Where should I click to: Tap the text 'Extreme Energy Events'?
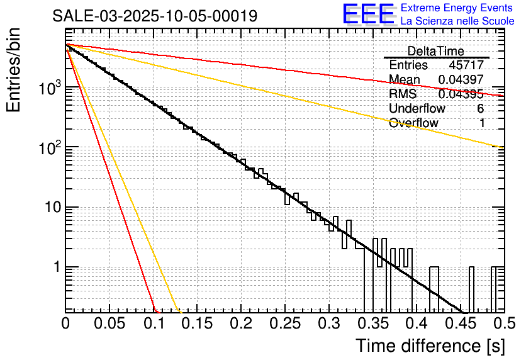pos(457,8)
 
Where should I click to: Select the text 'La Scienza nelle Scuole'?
pos(457,21)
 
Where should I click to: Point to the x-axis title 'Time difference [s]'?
pos(429,346)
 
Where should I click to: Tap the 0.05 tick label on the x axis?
pos(109,323)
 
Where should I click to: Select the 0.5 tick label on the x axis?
pos(504,323)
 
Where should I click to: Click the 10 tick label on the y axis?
pos(49,207)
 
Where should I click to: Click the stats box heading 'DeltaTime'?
pos(436,51)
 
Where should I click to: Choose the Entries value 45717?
pos(466,65)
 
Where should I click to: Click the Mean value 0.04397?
pos(461,79)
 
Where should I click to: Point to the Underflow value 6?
pos(481,108)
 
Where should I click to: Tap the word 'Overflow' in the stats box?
pos(413,123)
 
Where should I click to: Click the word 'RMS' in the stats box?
pos(403,94)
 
